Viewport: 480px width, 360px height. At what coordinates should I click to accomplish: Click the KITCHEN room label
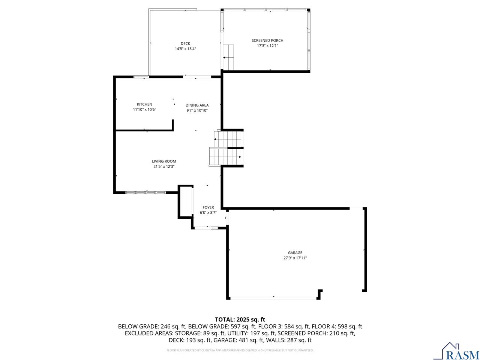[x=144, y=104]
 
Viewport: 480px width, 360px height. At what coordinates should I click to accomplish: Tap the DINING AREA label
[x=197, y=105]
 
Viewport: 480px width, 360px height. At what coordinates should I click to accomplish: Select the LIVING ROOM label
[x=164, y=161]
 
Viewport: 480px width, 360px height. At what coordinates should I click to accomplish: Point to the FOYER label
[x=208, y=207]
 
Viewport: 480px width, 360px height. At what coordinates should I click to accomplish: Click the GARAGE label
[x=295, y=253]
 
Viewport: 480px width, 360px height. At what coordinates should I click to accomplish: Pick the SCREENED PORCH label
[x=267, y=40]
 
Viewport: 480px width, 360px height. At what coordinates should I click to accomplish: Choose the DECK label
[x=185, y=43]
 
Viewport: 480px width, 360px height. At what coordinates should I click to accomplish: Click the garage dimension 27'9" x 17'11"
[x=295, y=258]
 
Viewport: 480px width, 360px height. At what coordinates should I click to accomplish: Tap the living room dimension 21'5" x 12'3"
[x=164, y=166]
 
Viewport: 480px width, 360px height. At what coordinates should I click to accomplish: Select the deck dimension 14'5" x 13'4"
[x=185, y=48]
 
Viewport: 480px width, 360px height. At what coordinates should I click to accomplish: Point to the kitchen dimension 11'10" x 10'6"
[x=144, y=109]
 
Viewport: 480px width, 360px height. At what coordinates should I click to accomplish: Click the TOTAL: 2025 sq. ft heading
[x=240, y=319]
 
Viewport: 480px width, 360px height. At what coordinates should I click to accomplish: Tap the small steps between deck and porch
[x=228, y=57]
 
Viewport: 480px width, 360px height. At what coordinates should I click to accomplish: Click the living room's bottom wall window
[x=145, y=192]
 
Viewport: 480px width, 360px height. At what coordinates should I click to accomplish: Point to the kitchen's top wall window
[x=141, y=77]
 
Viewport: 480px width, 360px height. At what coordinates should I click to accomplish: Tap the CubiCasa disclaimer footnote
[x=240, y=350]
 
